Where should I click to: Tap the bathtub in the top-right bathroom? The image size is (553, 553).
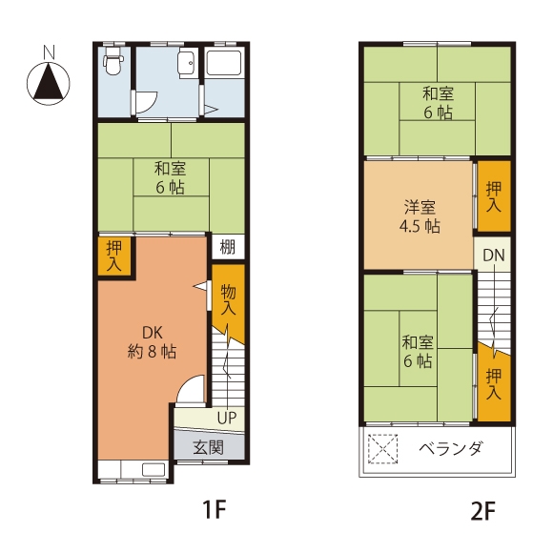(x=224, y=63)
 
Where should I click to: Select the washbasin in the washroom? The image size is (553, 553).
(x=187, y=65)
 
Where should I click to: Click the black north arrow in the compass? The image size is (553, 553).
(x=49, y=81)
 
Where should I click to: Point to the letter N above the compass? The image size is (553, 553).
(x=49, y=51)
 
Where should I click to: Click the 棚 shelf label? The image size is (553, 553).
(x=228, y=247)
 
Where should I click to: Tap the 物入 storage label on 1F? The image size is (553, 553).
(x=228, y=299)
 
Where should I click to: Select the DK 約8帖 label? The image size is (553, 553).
(x=152, y=342)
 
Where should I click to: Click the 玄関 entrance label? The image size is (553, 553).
(x=209, y=447)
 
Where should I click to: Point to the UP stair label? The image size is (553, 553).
(x=226, y=418)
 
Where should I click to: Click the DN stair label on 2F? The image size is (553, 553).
(x=493, y=255)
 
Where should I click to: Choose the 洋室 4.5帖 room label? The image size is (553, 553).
(x=420, y=216)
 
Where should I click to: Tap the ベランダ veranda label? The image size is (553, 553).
(x=450, y=449)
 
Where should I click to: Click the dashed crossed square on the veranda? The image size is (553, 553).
(x=382, y=449)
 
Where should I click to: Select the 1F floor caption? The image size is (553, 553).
(x=214, y=509)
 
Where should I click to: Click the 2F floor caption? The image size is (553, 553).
(x=482, y=511)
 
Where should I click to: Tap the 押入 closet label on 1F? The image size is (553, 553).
(x=113, y=256)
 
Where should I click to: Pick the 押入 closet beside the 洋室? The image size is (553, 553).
(x=493, y=196)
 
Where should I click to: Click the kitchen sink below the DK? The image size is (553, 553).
(x=154, y=469)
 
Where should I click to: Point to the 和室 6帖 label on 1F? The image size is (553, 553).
(x=170, y=177)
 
